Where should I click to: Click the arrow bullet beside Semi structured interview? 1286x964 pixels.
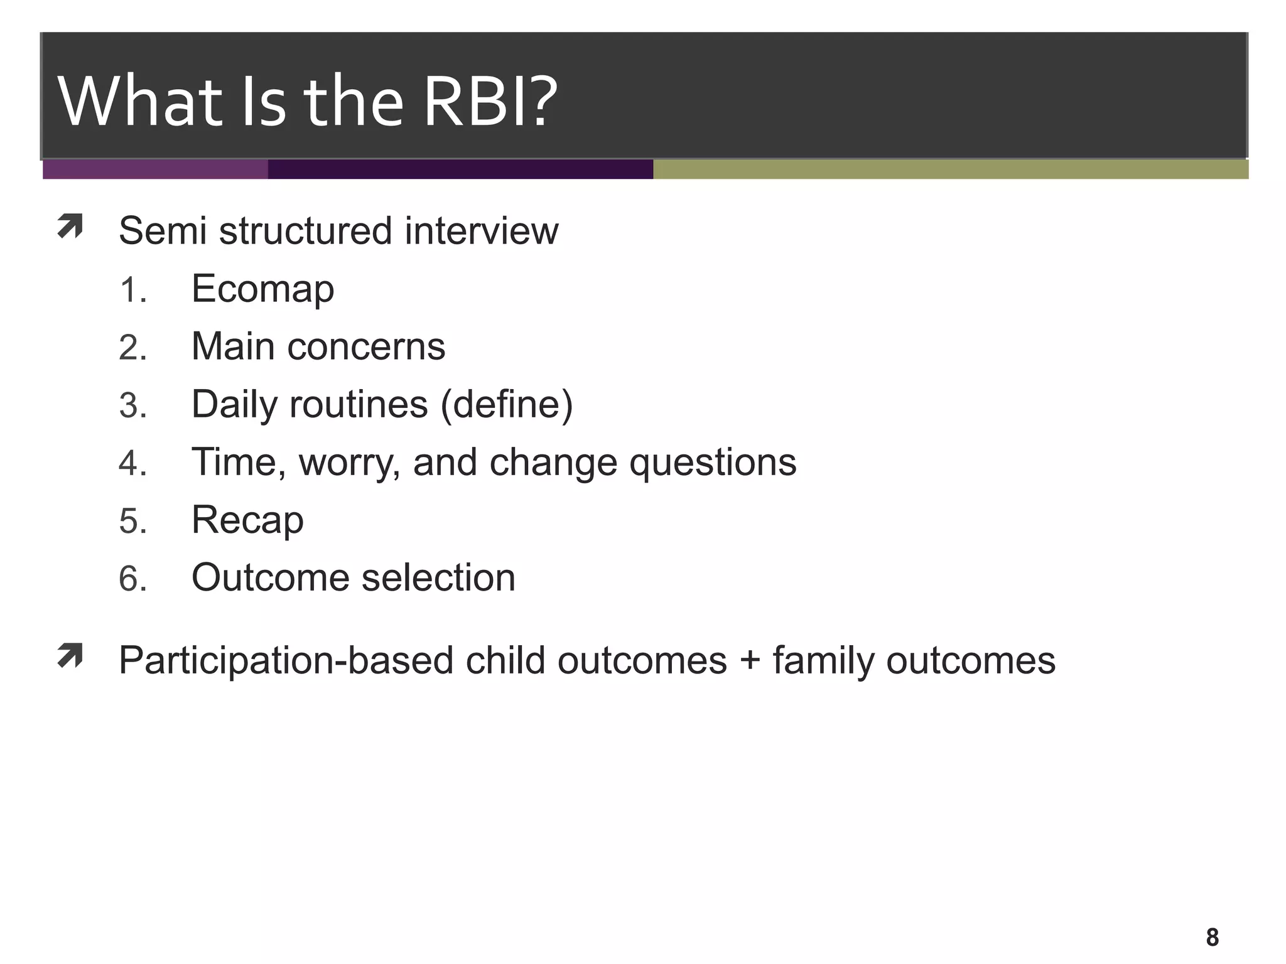point(70,227)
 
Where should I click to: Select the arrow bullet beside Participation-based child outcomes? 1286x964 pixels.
point(70,656)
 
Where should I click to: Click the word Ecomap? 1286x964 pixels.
point(262,289)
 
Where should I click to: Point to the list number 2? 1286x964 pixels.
point(132,348)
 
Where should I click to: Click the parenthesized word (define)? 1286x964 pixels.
point(507,405)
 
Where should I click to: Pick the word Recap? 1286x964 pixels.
point(247,521)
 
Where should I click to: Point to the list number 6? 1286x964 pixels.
point(132,579)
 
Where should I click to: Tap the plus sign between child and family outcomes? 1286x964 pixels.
point(749,661)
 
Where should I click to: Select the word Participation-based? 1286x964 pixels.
point(286,661)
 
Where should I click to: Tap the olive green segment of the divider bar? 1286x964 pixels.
point(949,169)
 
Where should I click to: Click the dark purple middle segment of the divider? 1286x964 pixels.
point(460,169)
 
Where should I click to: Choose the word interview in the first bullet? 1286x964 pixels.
point(481,231)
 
